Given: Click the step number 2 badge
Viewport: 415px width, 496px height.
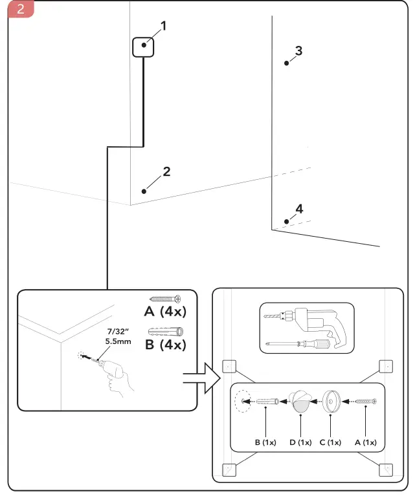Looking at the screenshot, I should [19, 10].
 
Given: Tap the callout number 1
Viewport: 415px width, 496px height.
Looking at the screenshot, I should [163, 27].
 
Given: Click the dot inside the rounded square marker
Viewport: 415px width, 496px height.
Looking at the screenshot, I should [143, 46].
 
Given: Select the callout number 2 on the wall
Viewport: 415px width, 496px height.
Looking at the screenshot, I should [166, 172].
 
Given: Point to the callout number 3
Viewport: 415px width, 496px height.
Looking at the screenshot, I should [298, 50].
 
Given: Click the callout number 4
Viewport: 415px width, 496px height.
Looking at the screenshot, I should [298, 209].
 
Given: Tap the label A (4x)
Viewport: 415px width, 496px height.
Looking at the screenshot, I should [164, 312].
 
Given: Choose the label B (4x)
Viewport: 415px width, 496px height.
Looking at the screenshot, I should [164, 344].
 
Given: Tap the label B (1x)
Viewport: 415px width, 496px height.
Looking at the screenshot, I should [265, 442].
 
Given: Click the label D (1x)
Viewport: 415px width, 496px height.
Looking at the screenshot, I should [300, 442].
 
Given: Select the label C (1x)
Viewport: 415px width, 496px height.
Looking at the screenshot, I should [331, 442].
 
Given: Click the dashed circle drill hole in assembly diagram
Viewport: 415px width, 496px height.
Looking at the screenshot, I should [242, 402].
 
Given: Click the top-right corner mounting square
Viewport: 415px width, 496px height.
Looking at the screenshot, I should [385, 367].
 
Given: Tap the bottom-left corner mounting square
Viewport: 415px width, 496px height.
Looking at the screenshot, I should [228, 470].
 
